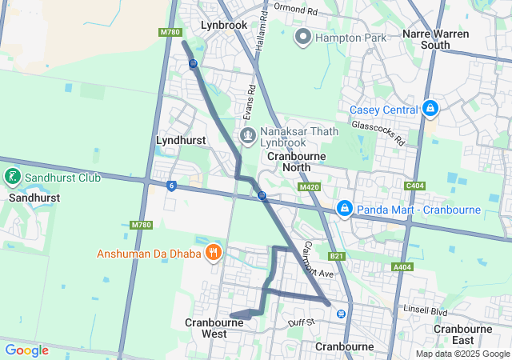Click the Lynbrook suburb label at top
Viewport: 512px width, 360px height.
tap(224, 25)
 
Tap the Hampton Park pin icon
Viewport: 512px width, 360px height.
tap(303, 37)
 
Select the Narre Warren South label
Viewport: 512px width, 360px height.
tap(436, 39)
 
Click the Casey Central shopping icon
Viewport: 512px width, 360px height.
tap(430, 108)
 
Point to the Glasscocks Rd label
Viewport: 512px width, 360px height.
tap(378, 131)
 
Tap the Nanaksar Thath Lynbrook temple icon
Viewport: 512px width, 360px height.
tap(248, 135)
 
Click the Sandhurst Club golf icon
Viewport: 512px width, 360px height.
tap(13, 177)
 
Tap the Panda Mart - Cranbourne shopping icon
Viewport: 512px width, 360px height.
tap(345, 210)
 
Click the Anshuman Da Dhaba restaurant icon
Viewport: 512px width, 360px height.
tap(213, 254)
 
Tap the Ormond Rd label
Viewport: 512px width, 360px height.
tap(295, 10)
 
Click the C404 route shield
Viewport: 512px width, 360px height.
tap(414, 186)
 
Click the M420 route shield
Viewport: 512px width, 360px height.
tap(310, 187)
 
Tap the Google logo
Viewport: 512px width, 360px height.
tap(26, 350)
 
